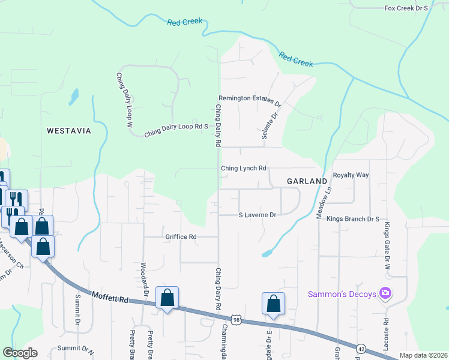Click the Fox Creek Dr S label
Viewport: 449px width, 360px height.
405,8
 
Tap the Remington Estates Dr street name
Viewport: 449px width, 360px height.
250,99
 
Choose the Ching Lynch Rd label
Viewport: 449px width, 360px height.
243,169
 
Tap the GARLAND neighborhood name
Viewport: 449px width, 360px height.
306,181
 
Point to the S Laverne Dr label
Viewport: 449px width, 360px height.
257,215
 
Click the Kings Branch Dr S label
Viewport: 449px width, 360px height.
353,219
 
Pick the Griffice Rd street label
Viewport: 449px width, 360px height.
181,237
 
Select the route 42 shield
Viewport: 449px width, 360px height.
361,347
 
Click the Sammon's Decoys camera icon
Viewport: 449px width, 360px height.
385,293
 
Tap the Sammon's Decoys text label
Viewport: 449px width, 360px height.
342,294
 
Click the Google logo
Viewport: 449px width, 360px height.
20,353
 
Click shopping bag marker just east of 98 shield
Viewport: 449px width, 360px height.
273,304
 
